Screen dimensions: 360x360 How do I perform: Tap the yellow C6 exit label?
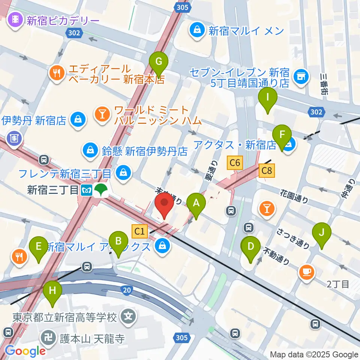235,163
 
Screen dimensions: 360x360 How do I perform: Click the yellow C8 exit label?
267,171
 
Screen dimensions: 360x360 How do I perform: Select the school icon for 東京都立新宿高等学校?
129,317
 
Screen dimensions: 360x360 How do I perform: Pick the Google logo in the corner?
25,351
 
